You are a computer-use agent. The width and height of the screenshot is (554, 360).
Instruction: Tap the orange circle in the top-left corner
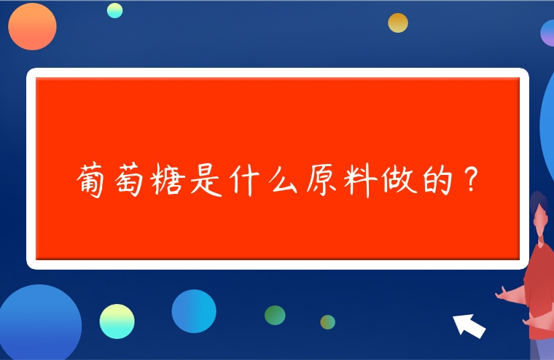pos(32,26)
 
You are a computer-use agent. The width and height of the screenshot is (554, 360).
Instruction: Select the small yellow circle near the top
pos(398,23)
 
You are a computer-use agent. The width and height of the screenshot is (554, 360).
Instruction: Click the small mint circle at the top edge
pos(114,9)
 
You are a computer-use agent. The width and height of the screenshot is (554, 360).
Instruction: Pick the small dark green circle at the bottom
pos(275,315)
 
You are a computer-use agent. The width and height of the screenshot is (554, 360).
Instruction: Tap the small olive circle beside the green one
pos(328,321)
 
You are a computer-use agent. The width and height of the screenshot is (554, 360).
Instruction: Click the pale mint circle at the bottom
pos(117,321)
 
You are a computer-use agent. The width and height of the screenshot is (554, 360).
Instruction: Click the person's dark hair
pos(538,204)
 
